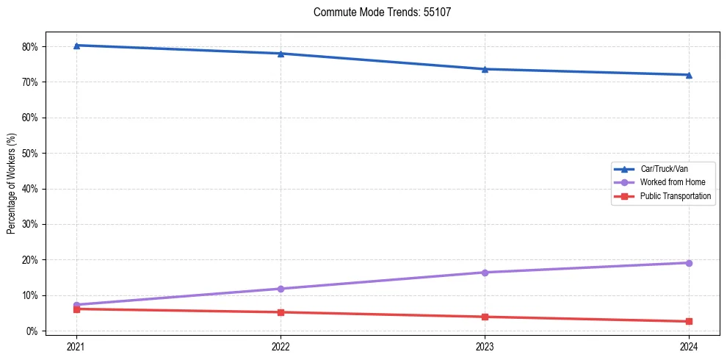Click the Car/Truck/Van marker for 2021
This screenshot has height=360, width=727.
click(76, 46)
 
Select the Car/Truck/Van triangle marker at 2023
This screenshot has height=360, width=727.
click(485, 69)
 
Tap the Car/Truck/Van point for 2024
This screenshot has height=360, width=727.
click(689, 75)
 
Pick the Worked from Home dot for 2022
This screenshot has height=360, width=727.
click(281, 289)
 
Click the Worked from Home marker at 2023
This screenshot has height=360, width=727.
click(485, 273)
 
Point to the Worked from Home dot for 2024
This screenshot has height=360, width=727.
click(689, 263)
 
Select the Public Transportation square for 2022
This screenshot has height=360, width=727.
click(281, 312)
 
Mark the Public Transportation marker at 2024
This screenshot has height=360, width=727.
click(689, 321)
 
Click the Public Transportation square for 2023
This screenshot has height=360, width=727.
click(485, 317)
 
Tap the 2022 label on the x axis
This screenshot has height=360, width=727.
click(281, 345)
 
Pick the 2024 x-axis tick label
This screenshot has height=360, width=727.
click(689, 345)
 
